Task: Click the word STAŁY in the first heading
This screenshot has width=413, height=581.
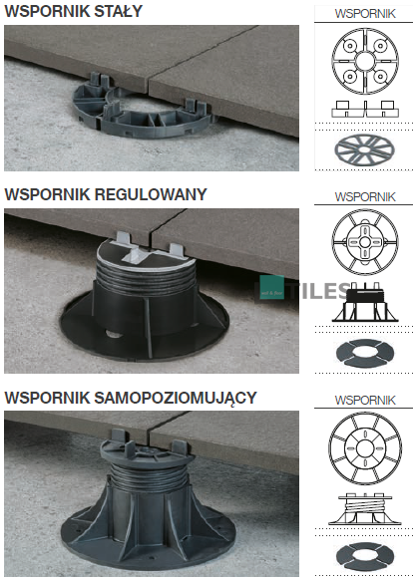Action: point(118,11)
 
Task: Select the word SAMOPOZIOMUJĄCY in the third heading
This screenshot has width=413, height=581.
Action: point(176,398)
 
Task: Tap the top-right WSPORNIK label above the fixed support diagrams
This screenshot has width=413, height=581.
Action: point(365,14)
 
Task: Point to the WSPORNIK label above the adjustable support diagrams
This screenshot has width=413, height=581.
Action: point(365,196)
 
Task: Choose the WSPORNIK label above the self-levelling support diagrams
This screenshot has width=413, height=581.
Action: point(365,401)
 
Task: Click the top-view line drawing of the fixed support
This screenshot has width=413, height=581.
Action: point(365,61)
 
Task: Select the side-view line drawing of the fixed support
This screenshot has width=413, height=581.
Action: point(365,109)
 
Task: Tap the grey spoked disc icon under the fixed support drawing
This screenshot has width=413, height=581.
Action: point(364,150)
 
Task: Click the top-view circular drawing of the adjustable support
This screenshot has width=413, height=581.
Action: point(365,242)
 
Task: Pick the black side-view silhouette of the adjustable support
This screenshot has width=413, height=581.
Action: point(365,303)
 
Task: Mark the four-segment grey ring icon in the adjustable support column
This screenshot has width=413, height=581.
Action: point(364,353)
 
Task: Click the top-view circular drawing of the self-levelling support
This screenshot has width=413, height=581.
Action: point(365,448)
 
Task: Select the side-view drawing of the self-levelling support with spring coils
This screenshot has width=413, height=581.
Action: point(365,508)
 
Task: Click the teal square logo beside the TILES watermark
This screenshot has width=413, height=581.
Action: point(272,287)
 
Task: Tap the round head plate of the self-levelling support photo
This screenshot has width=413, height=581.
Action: point(147,452)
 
